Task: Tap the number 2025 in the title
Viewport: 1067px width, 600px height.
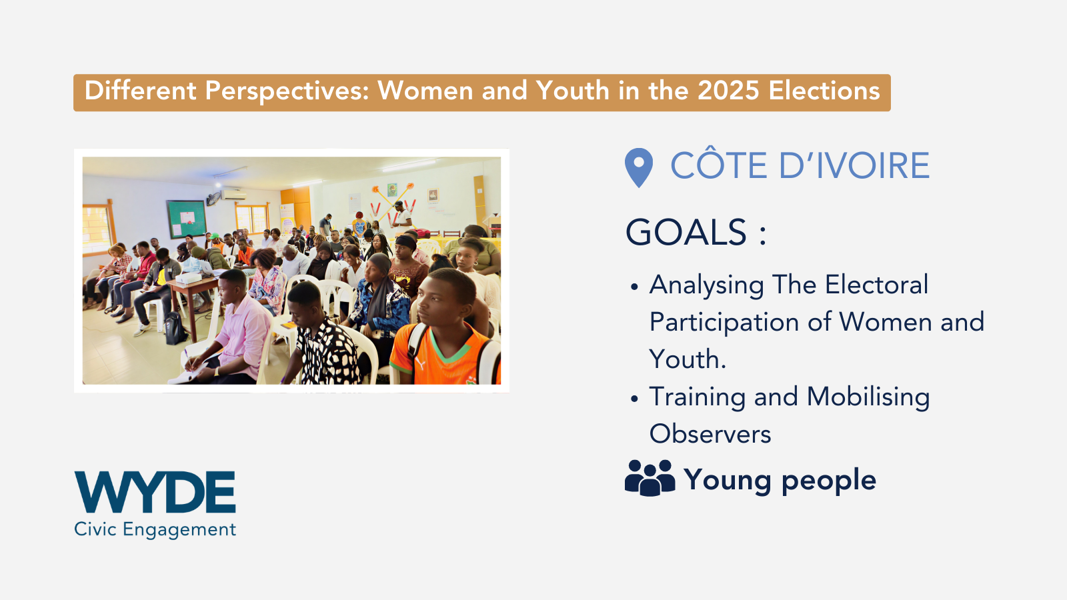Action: (x=728, y=91)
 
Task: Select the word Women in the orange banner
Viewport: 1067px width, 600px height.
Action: (x=425, y=91)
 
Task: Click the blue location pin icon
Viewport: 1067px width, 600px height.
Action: (x=639, y=167)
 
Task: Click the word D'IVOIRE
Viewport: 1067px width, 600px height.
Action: (x=854, y=166)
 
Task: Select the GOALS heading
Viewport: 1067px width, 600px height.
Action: (x=696, y=233)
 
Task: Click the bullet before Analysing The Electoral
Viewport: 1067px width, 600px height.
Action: (x=634, y=287)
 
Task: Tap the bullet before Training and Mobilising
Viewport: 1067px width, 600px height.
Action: (x=634, y=399)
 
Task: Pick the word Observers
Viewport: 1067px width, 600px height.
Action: (x=710, y=434)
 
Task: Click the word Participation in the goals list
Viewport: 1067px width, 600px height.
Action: (x=724, y=323)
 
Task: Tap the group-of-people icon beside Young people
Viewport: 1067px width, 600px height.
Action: (x=650, y=477)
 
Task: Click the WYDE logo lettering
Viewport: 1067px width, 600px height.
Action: (x=155, y=492)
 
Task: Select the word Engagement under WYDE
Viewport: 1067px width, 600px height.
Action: (x=179, y=530)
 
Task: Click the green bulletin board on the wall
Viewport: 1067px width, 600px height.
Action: (x=186, y=219)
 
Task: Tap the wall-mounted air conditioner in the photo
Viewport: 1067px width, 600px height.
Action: (x=233, y=195)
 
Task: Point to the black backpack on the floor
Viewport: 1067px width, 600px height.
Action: (x=175, y=328)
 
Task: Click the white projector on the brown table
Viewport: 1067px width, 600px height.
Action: (x=188, y=277)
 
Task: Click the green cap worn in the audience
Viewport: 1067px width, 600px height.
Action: (x=215, y=236)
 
